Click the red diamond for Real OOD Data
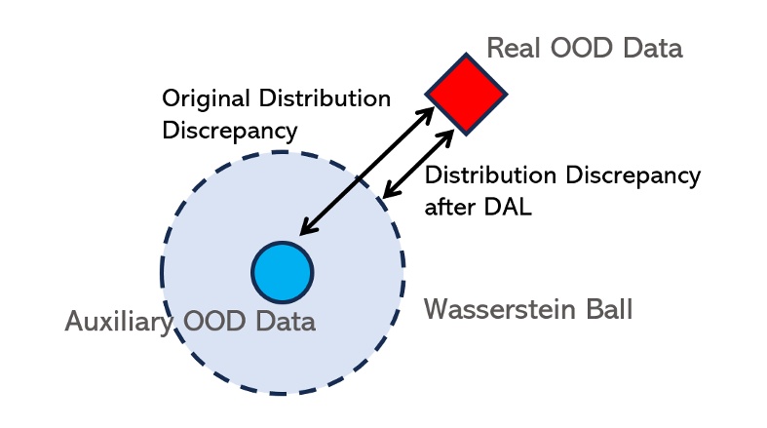pos(467,94)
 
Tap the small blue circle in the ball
pos(282,272)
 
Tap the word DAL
pos(510,207)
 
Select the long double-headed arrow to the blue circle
pos(366,172)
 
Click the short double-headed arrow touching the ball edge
pos(418,161)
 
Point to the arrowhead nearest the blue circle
pos(305,230)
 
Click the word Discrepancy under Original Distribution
pos(229,129)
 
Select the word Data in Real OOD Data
pos(654,48)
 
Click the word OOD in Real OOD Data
pos(581,48)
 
